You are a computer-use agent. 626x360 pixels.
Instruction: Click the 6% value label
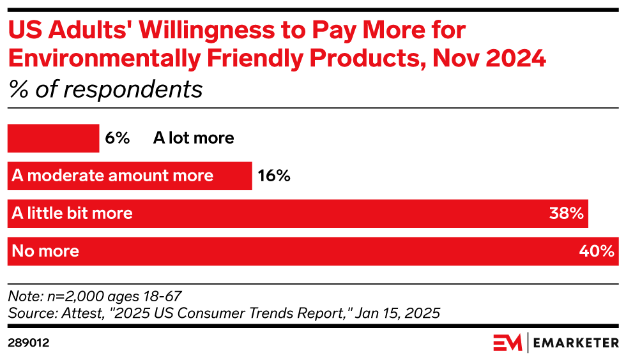pos(118,138)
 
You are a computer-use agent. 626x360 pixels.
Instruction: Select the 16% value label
pos(274,176)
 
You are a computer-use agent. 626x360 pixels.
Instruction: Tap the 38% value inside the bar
pos(566,213)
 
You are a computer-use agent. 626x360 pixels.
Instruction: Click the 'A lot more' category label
pos(194,138)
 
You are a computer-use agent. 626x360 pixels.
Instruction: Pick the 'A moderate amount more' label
pos(112,176)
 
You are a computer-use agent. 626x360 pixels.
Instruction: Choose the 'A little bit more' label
pos(72,213)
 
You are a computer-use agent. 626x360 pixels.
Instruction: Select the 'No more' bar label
pos(45,251)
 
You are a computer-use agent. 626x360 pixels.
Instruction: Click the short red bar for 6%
pos(53,138)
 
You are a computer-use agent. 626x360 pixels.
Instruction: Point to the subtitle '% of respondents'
pos(105,89)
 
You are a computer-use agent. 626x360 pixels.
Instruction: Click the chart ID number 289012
pos(29,343)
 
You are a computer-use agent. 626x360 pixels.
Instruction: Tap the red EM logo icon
pos(507,343)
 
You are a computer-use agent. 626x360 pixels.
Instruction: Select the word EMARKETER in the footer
pos(574,343)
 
